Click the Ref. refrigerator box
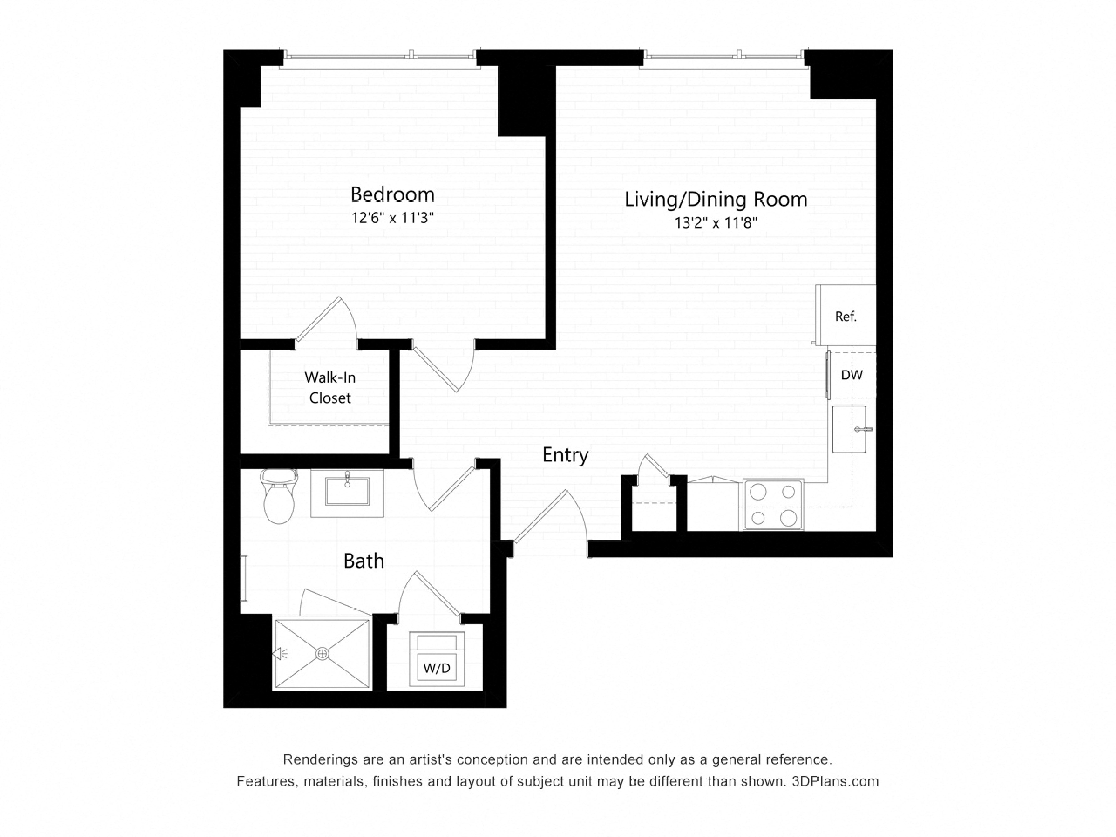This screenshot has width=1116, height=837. click(x=846, y=316)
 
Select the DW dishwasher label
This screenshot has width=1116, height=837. click(x=852, y=375)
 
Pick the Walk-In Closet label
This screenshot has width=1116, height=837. click(x=330, y=388)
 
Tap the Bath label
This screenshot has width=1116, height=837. click(x=364, y=561)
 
